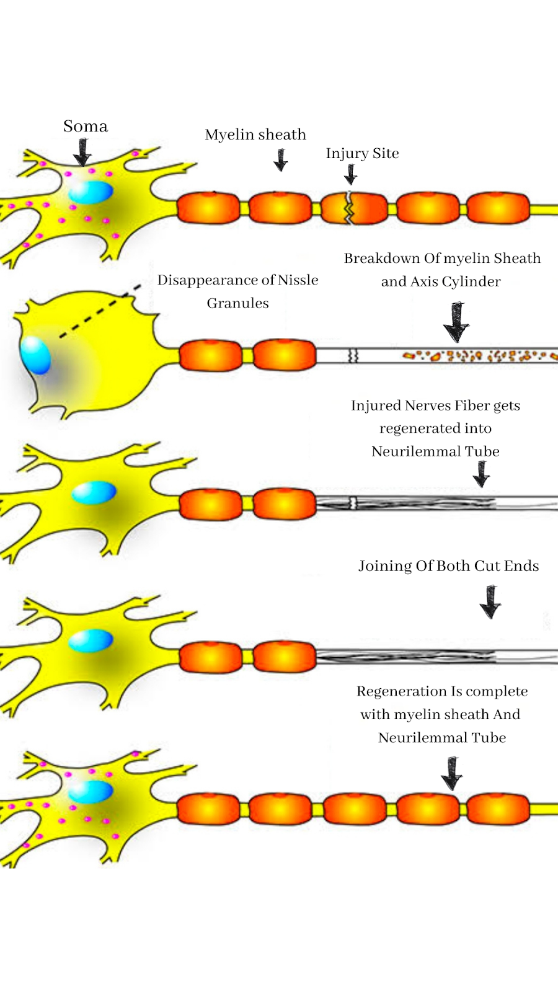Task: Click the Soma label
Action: pos(86,126)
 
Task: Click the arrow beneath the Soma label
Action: pos(82,152)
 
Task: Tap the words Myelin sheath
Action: pos(255,135)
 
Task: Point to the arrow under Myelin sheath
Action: pos(281,160)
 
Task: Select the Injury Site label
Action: pos(362,153)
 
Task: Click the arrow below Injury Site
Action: pos(351,174)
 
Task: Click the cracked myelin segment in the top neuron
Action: pos(353,208)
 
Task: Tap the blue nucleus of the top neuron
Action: pos(91,192)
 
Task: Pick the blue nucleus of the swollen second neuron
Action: pos(35,355)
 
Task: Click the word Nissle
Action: pos(298,280)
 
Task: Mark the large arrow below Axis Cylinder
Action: pos(457,322)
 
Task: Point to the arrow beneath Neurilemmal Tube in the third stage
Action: pos(481,474)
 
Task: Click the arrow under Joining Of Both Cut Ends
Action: pos(490,601)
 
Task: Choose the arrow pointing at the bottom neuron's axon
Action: pos(452,773)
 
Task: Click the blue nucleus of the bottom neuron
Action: pos(91,792)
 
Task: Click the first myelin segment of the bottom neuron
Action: pos(208,809)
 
